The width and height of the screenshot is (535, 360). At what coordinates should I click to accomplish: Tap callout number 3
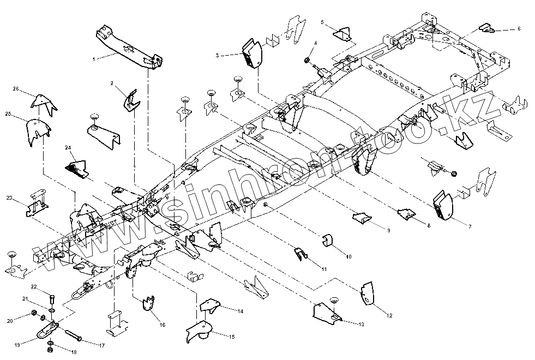click(217, 56)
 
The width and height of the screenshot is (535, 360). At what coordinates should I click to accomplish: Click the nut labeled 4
click(307, 57)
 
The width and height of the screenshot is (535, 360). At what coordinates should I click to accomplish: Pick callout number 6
click(518, 28)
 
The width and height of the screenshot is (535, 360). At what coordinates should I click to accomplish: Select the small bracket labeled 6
click(487, 29)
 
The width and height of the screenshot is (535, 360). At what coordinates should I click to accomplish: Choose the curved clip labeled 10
click(328, 241)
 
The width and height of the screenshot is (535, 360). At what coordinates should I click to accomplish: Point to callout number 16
click(162, 325)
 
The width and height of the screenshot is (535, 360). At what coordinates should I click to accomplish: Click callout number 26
click(16, 89)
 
